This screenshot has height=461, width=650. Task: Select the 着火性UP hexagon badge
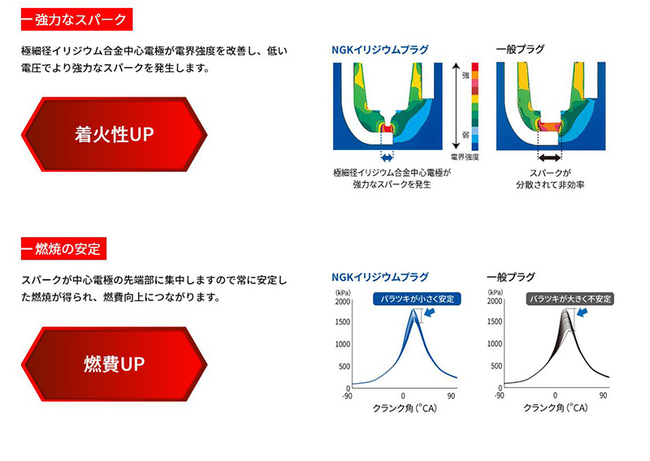(114, 135)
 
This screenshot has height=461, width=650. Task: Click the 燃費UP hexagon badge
(114, 364)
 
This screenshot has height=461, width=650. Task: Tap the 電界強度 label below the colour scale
(465, 154)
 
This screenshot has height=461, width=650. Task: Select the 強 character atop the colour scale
(465, 75)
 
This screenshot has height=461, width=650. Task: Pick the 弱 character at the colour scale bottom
(465, 136)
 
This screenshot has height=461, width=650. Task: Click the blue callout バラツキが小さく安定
(414, 299)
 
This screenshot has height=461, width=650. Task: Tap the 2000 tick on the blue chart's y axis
(342, 302)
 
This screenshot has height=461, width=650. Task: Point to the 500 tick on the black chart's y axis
(493, 366)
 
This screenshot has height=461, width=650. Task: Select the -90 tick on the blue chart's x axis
(349, 395)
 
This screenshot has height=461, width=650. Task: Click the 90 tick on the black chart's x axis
(604, 395)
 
